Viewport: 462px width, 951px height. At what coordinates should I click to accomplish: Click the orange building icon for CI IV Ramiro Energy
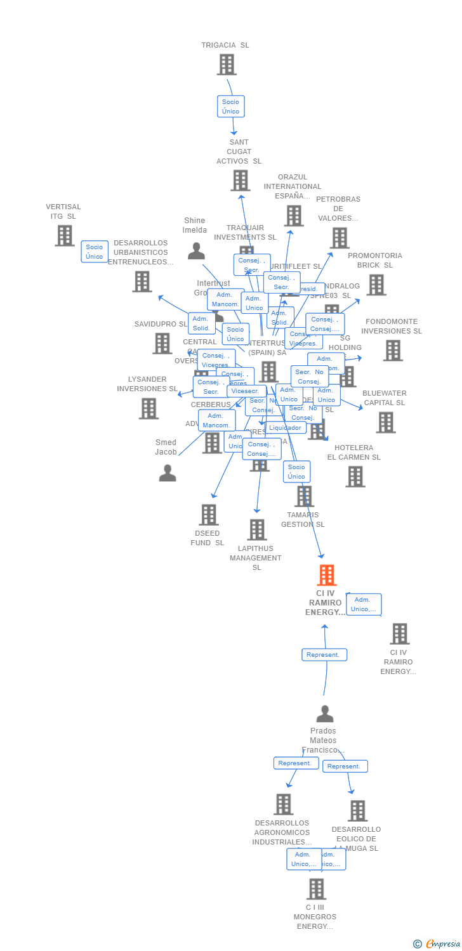(326, 575)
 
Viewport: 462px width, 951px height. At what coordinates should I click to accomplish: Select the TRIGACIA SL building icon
(227, 65)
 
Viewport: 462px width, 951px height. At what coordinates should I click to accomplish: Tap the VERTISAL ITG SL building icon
(65, 236)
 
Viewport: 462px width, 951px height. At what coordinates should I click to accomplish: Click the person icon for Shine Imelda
(196, 251)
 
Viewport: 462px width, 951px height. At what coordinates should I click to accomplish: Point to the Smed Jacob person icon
(168, 473)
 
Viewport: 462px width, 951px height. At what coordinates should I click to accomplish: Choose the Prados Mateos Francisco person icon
(325, 714)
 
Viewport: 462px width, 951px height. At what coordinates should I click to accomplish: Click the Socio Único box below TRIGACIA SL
(230, 107)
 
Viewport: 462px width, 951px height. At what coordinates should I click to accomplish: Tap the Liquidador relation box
(286, 428)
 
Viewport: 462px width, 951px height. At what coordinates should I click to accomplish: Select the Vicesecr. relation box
(246, 391)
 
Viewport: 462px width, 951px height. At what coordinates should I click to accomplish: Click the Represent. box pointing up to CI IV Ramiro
(324, 655)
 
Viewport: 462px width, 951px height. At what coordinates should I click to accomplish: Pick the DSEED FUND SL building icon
(209, 515)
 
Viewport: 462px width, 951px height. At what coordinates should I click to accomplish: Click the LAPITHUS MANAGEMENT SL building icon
(257, 529)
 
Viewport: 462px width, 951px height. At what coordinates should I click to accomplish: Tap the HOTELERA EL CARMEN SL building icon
(355, 477)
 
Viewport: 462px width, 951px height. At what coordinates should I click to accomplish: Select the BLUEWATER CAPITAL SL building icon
(385, 422)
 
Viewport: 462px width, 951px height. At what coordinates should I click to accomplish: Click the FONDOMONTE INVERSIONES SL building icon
(393, 350)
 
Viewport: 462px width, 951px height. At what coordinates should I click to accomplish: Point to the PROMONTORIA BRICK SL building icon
(376, 285)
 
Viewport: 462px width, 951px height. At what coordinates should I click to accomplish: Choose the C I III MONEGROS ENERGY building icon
(316, 889)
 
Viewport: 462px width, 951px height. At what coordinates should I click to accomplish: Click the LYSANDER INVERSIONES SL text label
(147, 384)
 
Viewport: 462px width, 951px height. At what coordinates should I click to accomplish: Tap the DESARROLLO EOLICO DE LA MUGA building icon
(357, 810)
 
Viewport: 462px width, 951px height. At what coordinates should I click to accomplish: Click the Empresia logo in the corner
(437, 944)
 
